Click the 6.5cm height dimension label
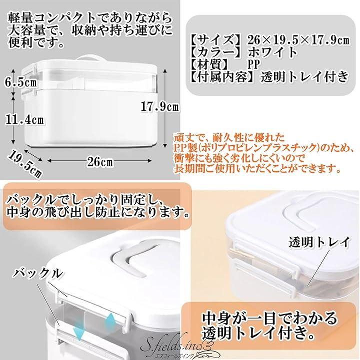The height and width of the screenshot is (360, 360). (20, 82)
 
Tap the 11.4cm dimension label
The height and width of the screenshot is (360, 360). (24, 120)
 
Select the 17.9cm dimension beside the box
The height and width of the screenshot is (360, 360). (159, 107)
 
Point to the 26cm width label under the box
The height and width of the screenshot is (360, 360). (100, 162)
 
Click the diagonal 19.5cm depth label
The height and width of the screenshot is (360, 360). (25, 165)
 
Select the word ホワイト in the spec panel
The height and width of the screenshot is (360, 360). (272, 52)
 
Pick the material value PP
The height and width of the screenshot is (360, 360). (253, 65)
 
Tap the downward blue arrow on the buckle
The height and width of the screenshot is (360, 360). (79, 330)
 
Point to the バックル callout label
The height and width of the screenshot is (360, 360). (37, 274)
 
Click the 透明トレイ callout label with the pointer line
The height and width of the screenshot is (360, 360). (319, 242)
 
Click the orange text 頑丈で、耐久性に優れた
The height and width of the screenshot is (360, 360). (229, 138)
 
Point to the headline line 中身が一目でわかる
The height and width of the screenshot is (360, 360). (269, 318)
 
